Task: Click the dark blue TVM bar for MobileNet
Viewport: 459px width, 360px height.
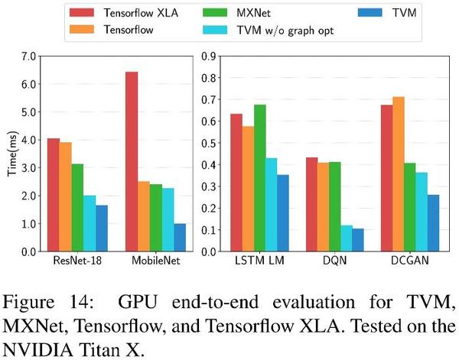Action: [180, 238]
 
